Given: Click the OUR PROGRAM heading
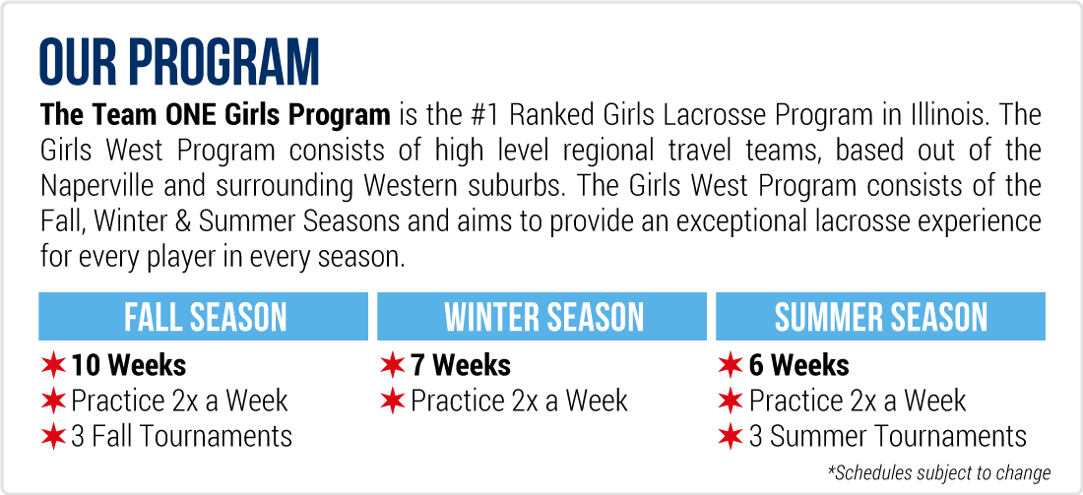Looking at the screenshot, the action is (179, 63).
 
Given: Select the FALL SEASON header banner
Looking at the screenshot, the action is (204, 316).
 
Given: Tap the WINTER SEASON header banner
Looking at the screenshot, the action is (542, 316).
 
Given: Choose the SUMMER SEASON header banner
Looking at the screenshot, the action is (880, 316).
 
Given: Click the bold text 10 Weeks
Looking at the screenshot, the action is (128, 365).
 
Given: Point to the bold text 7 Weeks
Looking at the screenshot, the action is (461, 365).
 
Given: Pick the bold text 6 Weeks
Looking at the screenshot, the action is (799, 365).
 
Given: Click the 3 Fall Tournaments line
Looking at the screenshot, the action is (182, 436).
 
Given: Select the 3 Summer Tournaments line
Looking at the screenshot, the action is (888, 436).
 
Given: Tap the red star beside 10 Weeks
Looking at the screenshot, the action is (53, 366).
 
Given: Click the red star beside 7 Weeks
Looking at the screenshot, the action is (392, 366).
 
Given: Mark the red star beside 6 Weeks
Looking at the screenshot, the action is (731, 366).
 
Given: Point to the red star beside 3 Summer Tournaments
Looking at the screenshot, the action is (731, 437).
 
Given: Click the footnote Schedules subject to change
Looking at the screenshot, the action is (939, 473).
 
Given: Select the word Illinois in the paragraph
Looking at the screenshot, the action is (943, 114).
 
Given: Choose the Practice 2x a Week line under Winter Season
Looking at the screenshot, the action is (520, 402).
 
